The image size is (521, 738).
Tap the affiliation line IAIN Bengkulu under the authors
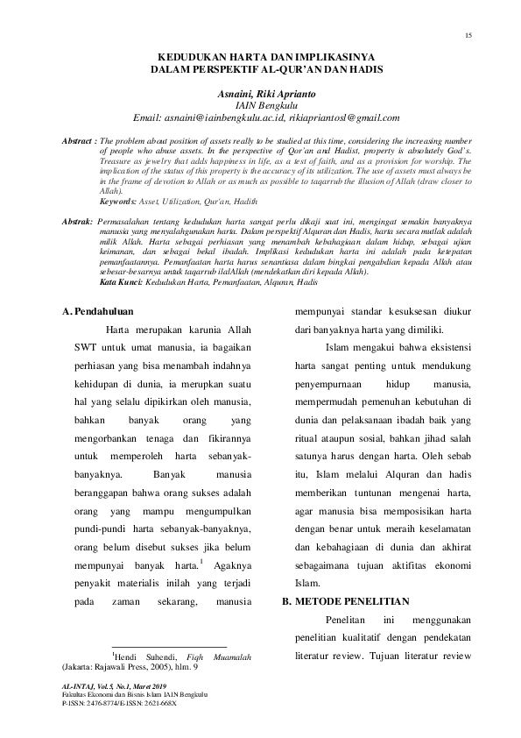click(x=268, y=104)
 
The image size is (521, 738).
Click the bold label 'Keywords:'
click(x=117, y=201)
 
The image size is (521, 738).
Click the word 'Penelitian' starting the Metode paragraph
click(x=341, y=620)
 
